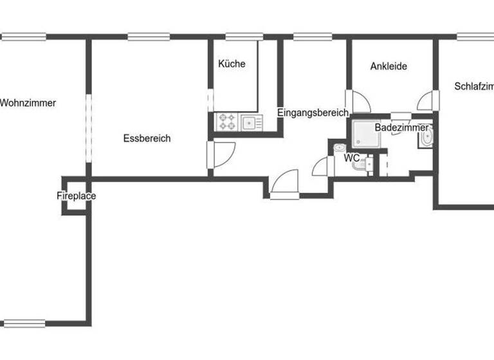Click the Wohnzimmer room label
[x=28, y=103]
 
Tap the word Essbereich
[x=147, y=138]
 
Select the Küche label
[x=232, y=64]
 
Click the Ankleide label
[x=389, y=66]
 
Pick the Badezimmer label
[x=401, y=128]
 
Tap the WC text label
[x=351, y=157]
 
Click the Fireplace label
[x=76, y=196]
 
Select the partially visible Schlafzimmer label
[x=473, y=86]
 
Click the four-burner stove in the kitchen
[x=226, y=122]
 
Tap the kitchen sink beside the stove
[x=249, y=122]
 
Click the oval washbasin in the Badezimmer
[x=425, y=138]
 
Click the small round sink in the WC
[x=339, y=148]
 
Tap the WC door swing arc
[x=320, y=166]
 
